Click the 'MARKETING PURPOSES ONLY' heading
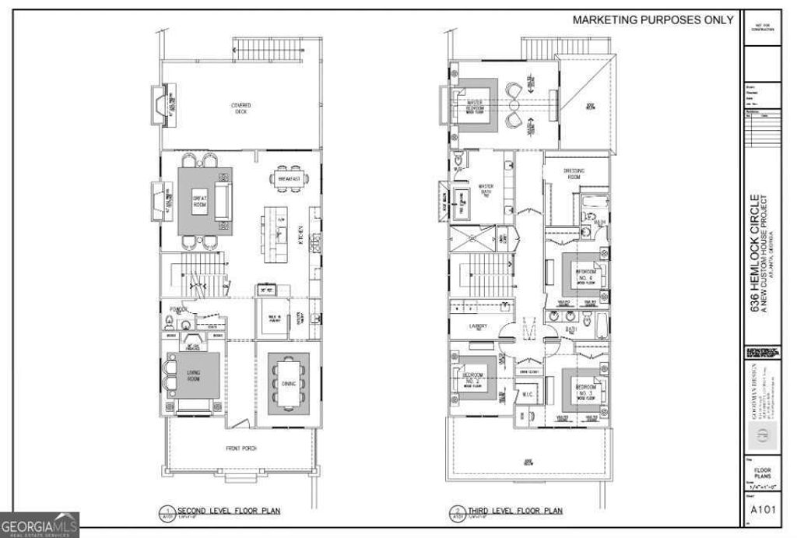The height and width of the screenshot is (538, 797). coord(653,20)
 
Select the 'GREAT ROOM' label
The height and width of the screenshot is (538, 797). coord(199,202)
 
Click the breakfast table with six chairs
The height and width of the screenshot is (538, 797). coord(289,178)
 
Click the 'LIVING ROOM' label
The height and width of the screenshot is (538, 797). coord(194,376)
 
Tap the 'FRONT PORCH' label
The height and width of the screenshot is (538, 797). coord(242,448)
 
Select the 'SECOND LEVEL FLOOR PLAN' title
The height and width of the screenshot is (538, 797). coord(229,512)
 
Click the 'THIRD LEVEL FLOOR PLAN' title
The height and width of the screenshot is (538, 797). coord(514,512)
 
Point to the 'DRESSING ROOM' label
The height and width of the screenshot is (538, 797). coord(574,173)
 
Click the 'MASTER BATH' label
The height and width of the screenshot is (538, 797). coord(486,190)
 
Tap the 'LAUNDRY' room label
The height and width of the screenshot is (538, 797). coord(478,326)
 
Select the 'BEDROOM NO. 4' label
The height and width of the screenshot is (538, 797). coord(585,275)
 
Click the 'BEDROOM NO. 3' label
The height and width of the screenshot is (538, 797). coord(585,389)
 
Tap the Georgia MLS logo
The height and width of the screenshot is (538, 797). coord(39,524)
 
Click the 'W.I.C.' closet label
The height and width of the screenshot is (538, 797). coord(527,393)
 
